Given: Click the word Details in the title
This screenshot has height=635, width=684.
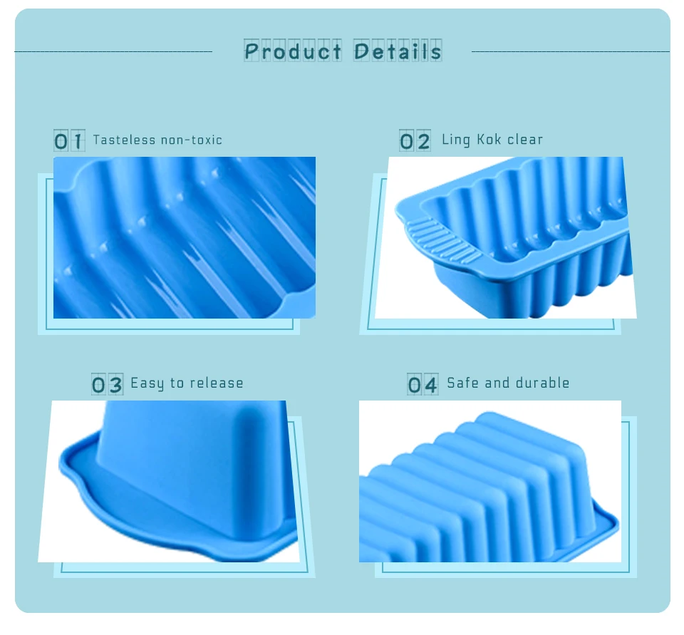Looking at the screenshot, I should click(398, 51).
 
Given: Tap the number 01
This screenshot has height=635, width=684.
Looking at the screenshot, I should click(69, 140).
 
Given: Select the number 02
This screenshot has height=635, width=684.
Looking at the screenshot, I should click(415, 140).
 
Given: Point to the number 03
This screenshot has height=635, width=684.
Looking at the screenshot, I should click(107, 384).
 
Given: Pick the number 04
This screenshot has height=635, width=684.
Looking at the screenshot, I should click(423, 384).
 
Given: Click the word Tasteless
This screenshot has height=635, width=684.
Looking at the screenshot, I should click(124, 140).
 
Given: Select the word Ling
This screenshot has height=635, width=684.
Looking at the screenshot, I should click(456, 140).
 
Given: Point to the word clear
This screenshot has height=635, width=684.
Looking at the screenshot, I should click(525, 139).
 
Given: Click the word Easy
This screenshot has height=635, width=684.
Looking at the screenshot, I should click(147, 383).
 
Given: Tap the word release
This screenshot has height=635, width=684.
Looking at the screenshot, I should click(216, 383).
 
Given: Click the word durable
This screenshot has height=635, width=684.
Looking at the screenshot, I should click(542, 383).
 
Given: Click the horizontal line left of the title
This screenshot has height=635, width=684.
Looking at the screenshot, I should click(113, 51).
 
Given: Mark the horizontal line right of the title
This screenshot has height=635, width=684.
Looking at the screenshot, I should click(570, 51).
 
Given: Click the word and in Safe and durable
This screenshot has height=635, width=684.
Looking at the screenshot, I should click(497, 383).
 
